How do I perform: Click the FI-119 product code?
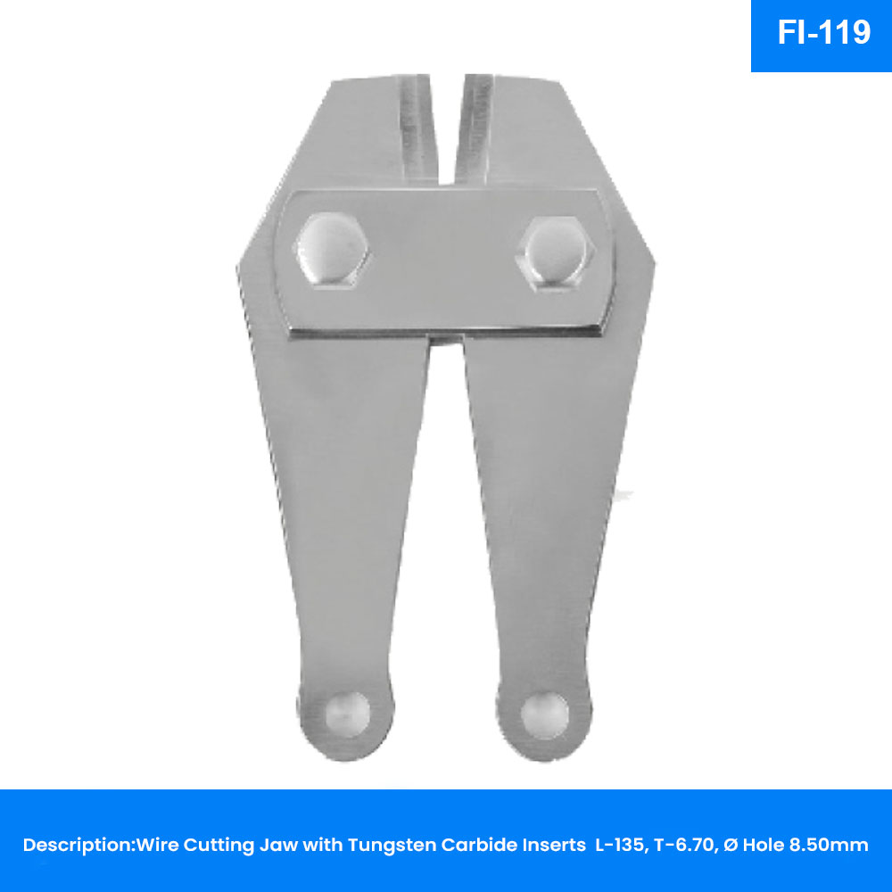click(823, 32)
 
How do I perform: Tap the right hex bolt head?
click(555, 253)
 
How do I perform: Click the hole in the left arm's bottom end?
click(348, 715)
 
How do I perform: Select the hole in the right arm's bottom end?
click(545, 715)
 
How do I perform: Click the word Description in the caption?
click(78, 845)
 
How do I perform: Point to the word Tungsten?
click(392, 846)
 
